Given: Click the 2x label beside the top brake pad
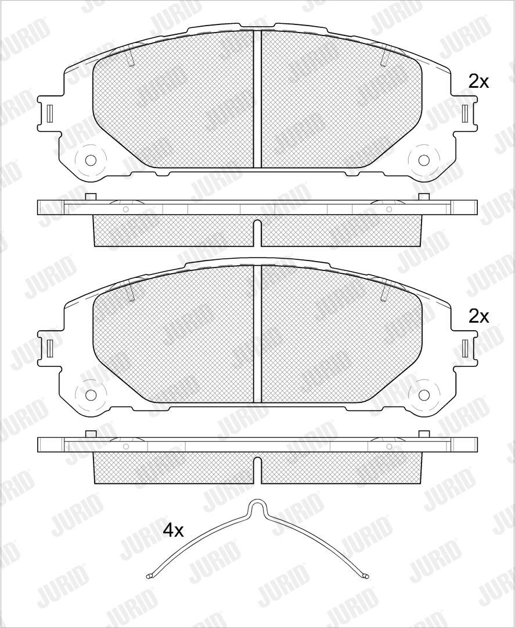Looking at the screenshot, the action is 478,82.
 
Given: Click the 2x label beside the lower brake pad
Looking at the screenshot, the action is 478,317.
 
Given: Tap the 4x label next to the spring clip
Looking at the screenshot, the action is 173,531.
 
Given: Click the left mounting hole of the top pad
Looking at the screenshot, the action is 91,160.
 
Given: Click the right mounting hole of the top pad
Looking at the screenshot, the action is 424,160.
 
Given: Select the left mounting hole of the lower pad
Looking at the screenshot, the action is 91,395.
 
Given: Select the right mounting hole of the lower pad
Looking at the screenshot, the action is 424,395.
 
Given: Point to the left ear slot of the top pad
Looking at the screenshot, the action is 49,113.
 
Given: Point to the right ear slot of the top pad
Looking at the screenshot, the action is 465,113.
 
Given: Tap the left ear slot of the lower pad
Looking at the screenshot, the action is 49,348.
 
